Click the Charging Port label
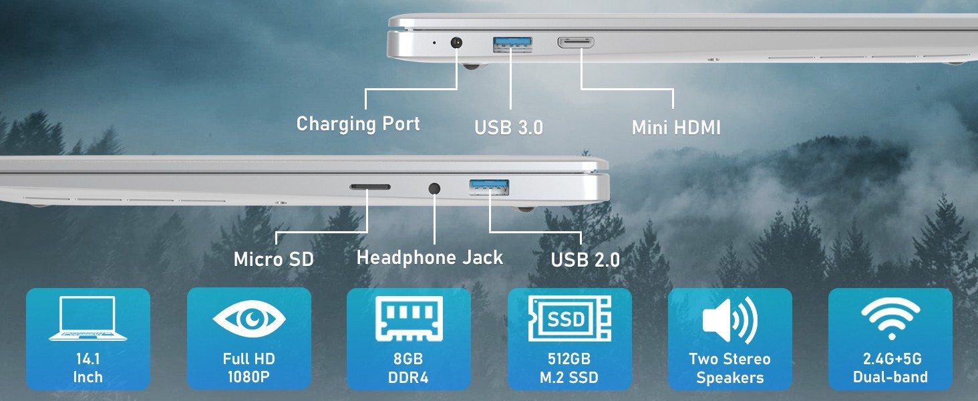tap(358, 124)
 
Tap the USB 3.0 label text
tap(508, 128)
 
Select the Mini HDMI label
tap(676, 128)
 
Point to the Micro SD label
tap(274, 259)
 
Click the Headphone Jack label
tap(430, 257)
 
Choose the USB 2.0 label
tap(585, 260)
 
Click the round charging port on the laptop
tap(456, 43)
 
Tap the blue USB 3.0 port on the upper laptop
tap(512, 44)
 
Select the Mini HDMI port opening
tap(576, 42)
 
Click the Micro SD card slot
tap(370, 187)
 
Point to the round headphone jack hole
tap(434, 188)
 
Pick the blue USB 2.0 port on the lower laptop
tap(489, 187)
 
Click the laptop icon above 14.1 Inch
tap(88, 318)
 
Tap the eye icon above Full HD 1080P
tap(249, 318)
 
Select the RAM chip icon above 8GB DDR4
tap(409, 318)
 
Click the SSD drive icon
tap(570, 318)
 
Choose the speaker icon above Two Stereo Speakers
tap(730, 319)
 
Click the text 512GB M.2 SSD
tap(569, 368)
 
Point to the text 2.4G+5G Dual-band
tap(890, 368)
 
